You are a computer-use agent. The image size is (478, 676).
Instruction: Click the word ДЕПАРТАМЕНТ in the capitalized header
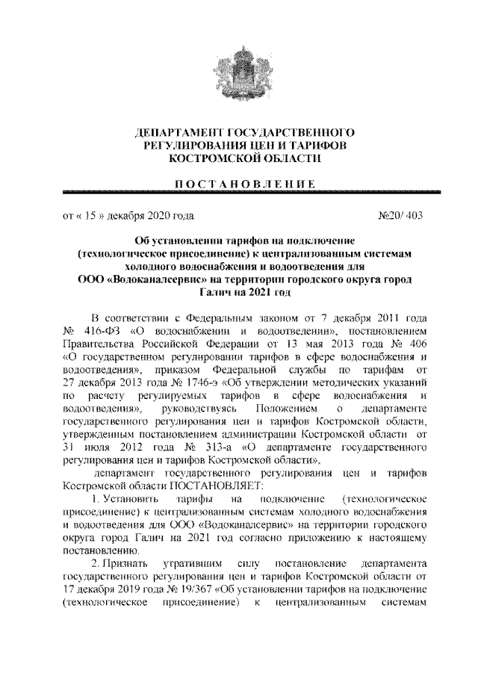tap(173, 132)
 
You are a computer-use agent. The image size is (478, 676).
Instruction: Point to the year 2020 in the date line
tap(155, 217)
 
